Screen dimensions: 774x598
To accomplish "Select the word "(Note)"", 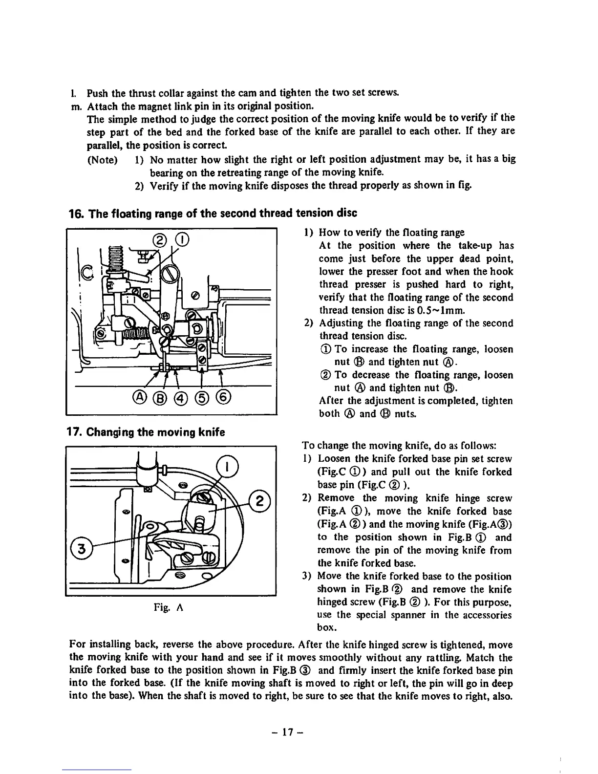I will point(102,160).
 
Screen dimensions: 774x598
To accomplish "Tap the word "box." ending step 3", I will point(327,627).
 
